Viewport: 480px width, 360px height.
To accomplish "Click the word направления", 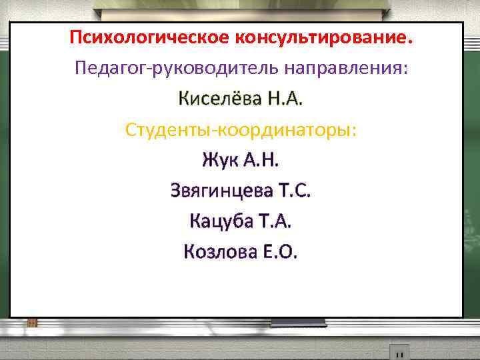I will (x=343, y=69).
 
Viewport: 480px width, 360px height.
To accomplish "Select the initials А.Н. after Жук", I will (x=263, y=161).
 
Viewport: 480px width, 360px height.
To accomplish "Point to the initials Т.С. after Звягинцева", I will (x=295, y=191).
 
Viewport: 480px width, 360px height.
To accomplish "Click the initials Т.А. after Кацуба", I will (x=275, y=221).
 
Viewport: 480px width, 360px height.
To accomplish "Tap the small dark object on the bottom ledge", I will (x=399, y=351).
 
